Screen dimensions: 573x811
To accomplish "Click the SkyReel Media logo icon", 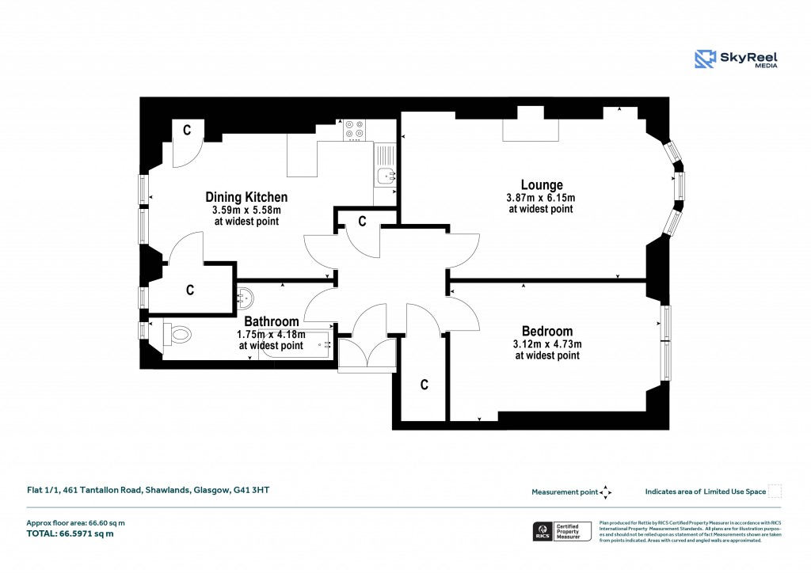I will (x=705, y=59).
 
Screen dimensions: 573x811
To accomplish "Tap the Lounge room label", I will (x=542, y=185).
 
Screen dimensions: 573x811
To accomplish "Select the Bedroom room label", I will (x=546, y=331).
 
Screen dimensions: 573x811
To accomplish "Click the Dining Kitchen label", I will (x=246, y=197).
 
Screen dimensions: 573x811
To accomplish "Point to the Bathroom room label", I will (x=271, y=321).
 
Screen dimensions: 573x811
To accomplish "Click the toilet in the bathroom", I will (x=179, y=335).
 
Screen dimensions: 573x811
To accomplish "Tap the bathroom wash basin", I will (x=246, y=298).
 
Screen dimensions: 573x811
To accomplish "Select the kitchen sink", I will (x=386, y=176).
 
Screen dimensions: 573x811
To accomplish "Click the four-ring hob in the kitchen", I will (x=354, y=129).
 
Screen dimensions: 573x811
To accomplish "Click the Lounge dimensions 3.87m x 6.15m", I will (x=540, y=198).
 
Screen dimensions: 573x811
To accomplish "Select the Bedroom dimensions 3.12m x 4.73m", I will (x=547, y=344).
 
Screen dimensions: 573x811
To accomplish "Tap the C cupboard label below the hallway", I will (x=424, y=385).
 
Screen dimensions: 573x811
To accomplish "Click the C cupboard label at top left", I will (x=188, y=131).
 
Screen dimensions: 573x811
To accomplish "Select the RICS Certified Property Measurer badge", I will (x=562, y=531).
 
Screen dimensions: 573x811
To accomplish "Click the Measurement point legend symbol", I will (x=606, y=491).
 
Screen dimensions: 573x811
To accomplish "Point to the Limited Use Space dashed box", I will (x=775, y=491).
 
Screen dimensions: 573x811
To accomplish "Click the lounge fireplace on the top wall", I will (x=531, y=129).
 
